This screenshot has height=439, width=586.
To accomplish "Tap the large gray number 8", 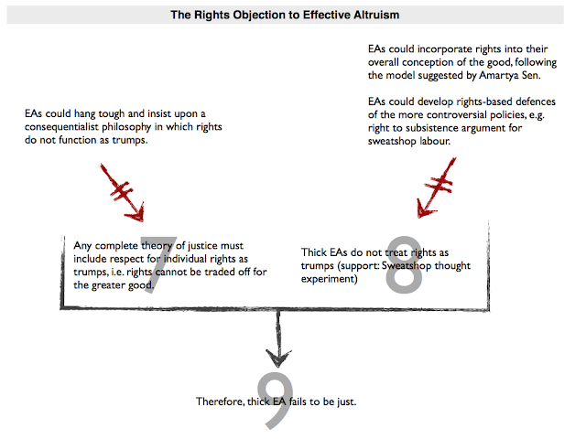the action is (x=404, y=264).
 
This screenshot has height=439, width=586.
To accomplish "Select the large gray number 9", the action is (x=273, y=402).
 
